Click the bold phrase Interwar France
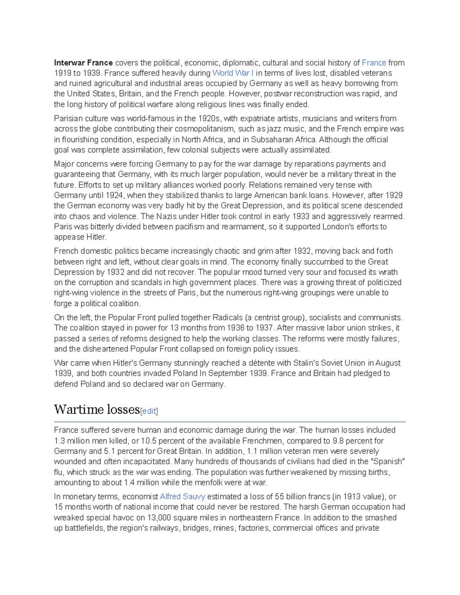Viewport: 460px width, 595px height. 83,63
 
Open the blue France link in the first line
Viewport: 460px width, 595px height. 374,63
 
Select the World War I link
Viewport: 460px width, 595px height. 233,73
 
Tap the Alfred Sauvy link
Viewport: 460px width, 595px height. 182,497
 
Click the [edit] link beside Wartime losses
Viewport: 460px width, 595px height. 149,411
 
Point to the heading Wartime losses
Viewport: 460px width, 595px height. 97,410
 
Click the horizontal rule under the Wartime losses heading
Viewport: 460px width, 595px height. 230,422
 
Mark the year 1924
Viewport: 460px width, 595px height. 114,195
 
